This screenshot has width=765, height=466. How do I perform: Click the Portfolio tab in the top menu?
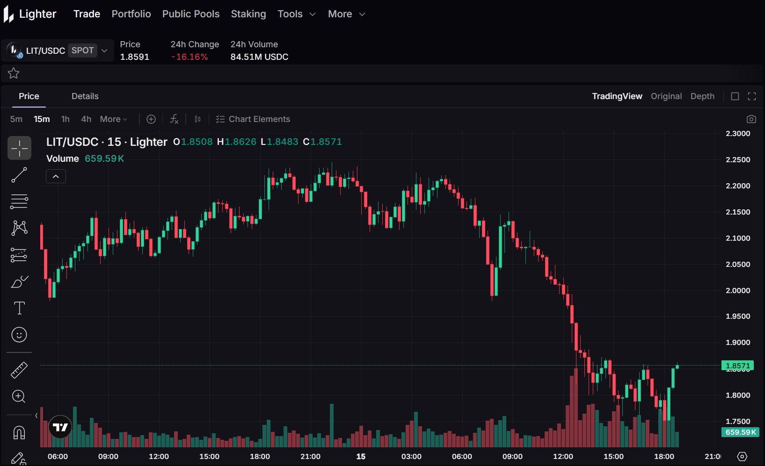click(x=131, y=14)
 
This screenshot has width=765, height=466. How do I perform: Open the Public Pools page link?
click(x=191, y=14)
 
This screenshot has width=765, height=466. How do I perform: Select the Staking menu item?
click(x=248, y=14)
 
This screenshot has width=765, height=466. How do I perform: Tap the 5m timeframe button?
click(x=16, y=119)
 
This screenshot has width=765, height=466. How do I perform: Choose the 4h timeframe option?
click(x=86, y=119)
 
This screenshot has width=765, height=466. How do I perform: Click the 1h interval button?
click(x=66, y=119)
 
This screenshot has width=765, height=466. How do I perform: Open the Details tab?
click(x=85, y=96)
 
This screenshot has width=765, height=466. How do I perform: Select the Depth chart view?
click(x=702, y=96)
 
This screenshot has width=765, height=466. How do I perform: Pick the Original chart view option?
click(x=666, y=96)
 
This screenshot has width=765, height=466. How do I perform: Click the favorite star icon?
click(x=14, y=73)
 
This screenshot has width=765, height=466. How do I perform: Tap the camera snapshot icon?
click(x=751, y=119)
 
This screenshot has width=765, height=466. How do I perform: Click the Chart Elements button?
click(x=253, y=119)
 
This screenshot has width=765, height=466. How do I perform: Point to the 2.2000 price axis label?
click(x=738, y=186)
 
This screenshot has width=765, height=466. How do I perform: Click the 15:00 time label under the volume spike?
click(x=613, y=457)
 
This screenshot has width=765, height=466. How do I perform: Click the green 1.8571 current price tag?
click(x=738, y=366)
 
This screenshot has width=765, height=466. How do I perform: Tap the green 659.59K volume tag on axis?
click(x=740, y=432)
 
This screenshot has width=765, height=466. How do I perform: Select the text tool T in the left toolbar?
click(x=19, y=308)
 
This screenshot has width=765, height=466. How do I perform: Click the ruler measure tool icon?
click(x=19, y=370)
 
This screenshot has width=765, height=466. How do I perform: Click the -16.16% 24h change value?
click(x=189, y=57)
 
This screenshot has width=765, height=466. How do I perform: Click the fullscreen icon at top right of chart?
click(x=752, y=96)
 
